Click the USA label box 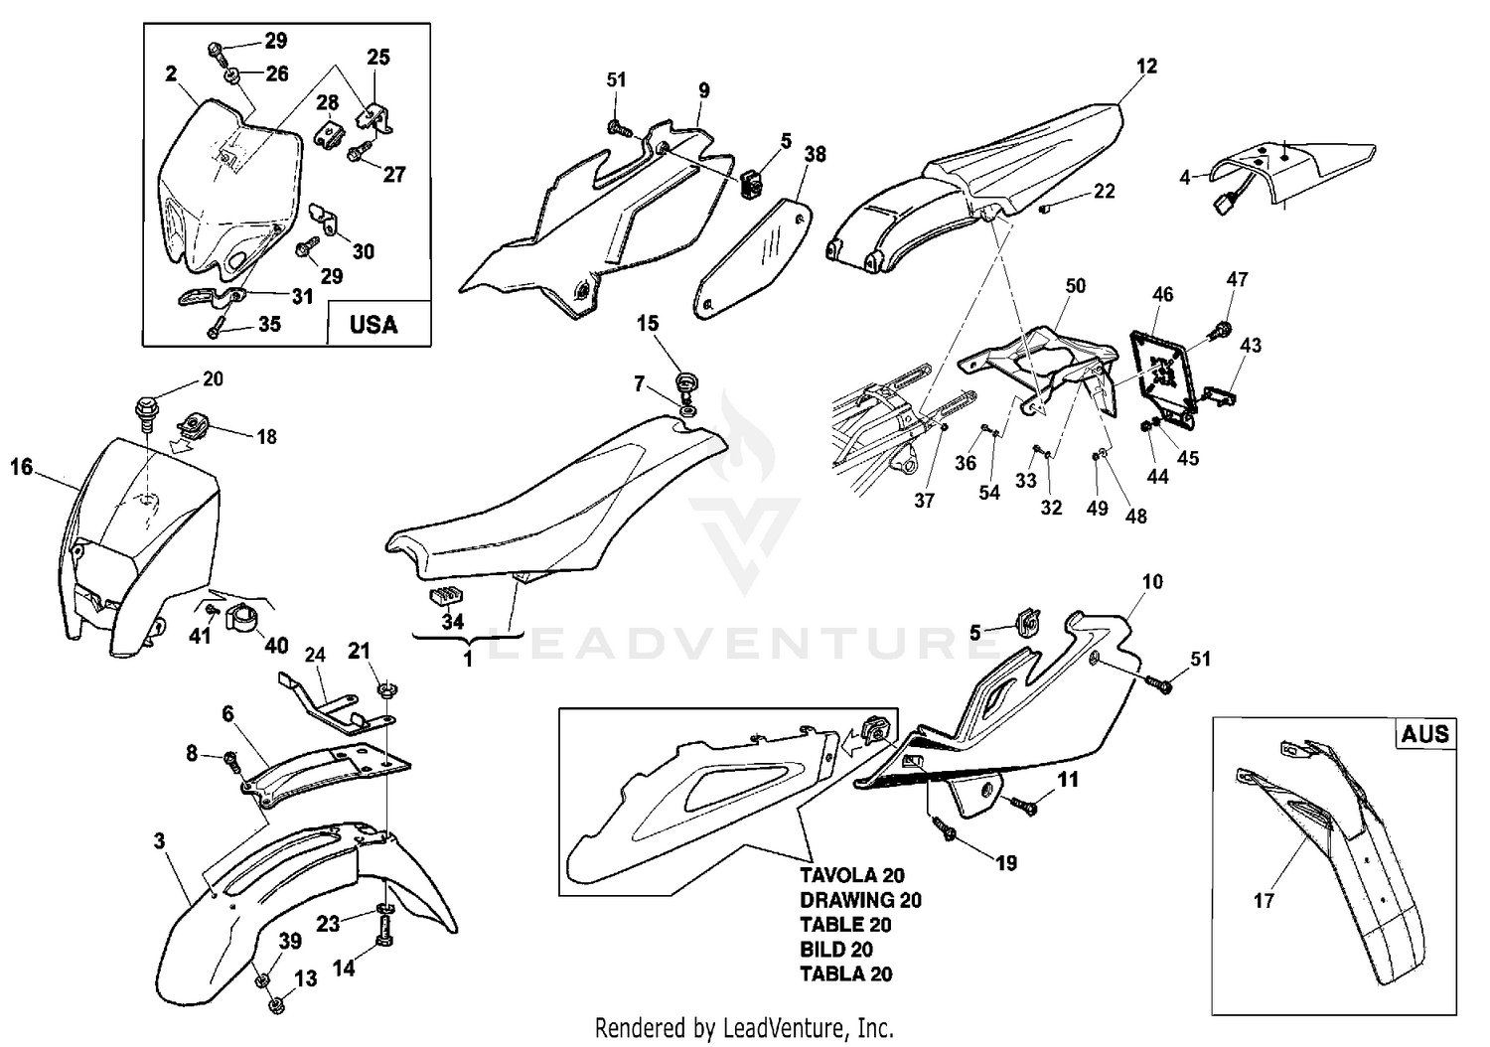[x=374, y=324]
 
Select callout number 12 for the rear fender [x=1146, y=67]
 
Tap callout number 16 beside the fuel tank [x=22, y=466]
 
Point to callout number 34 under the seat [x=453, y=623]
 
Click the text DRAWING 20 [x=860, y=900]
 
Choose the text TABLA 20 [x=846, y=973]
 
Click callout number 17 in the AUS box [x=1264, y=901]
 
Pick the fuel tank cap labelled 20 [x=145, y=408]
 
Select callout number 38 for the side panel [x=816, y=154]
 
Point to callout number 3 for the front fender [x=159, y=840]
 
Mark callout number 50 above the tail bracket [x=1075, y=285]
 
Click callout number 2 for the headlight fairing [x=171, y=73]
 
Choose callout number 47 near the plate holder [x=1237, y=279]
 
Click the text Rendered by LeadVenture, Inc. [x=744, y=1026]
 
